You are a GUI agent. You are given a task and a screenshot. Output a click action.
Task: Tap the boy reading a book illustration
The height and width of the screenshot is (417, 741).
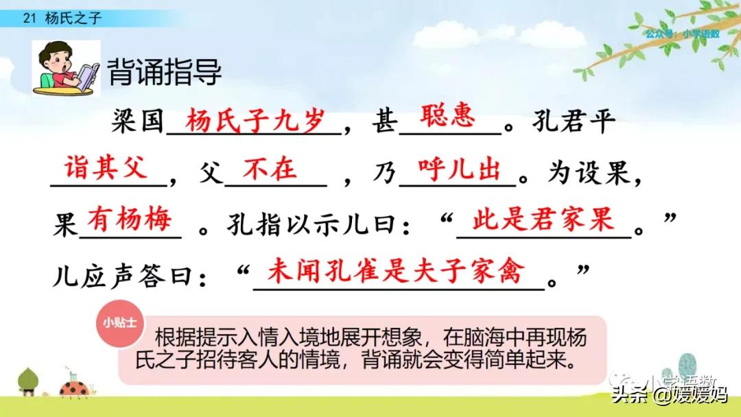pyautogui.click(x=66, y=67)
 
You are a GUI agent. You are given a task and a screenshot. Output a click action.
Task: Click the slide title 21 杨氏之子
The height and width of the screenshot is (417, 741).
pyautogui.click(x=62, y=19)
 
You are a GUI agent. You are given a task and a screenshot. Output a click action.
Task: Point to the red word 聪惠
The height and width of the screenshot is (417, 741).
pyautogui.click(x=447, y=117)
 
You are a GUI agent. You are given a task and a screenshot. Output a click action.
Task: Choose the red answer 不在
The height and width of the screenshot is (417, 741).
pyautogui.click(x=269, y=169)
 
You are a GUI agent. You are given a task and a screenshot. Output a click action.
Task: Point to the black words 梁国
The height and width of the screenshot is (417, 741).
pyautogui.click(x=138, y=123)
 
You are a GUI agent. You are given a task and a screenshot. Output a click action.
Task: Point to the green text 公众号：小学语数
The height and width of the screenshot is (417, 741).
pyautogui.click(x=682, y=34)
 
